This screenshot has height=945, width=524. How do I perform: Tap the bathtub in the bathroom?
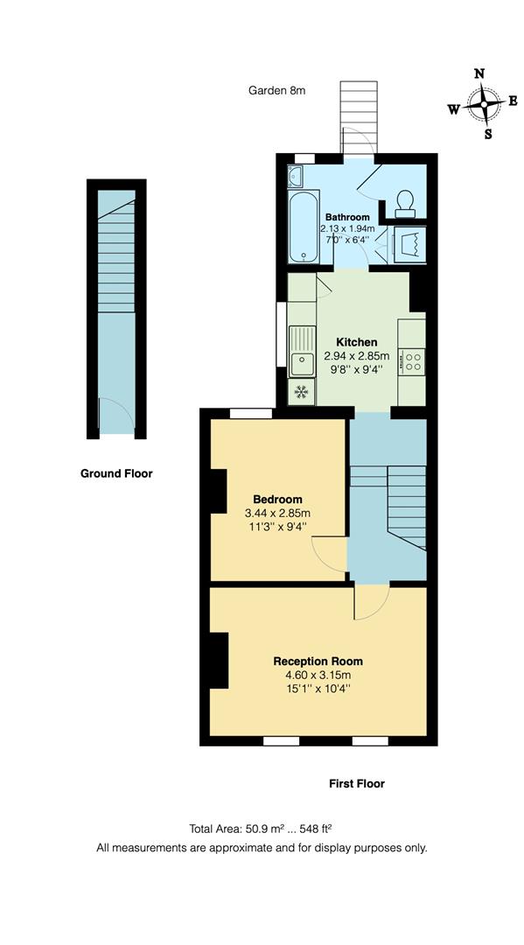[x=303, y=227]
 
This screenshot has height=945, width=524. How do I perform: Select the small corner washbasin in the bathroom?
[x=295, y=178]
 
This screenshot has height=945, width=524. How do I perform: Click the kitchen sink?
[x=303, y=349]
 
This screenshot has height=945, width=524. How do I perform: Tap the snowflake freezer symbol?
[x=302, y=391]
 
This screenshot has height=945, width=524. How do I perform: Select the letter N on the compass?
[x=479, y=73]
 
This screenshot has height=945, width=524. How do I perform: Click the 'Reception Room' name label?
[x=318, y=661]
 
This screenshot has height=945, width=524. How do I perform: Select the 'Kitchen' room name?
[x=357, y=342]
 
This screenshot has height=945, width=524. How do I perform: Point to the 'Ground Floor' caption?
[x=116, y=473]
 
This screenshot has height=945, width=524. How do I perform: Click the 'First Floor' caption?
[x=357, y=783]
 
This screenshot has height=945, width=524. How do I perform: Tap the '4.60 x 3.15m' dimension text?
[x=318, y=675]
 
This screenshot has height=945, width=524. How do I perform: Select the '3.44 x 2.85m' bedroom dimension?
[x=276, y=513]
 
